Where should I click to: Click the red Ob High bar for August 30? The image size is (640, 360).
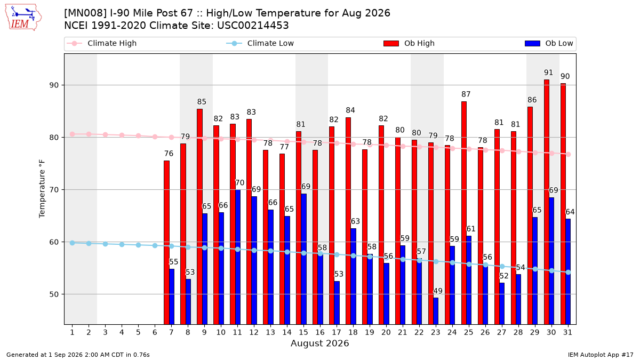[547, 202]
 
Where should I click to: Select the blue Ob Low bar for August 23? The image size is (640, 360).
[436, 311]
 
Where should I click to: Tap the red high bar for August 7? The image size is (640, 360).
[166, 243]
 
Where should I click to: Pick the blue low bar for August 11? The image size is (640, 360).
[238, 257]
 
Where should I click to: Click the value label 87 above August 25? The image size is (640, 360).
[466, 94]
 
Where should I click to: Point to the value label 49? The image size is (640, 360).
[438, 291]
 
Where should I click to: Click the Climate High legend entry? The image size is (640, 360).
[102, 43]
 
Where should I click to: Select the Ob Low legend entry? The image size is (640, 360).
[549, 43]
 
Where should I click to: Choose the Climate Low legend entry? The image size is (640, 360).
[260, 43]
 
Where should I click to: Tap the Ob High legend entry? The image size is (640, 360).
[409, 43]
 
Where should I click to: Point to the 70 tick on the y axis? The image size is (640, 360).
[54, 190]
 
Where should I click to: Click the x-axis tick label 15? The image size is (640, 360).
[303, 332]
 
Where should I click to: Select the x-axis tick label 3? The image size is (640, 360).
[105, 332]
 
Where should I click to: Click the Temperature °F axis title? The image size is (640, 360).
[42, 189]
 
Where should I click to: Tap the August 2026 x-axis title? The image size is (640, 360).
[319, 343]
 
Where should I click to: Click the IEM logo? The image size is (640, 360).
[23, 18]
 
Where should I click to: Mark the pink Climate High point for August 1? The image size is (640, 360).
[73, 134]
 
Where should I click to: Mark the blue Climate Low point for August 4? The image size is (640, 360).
[122, 245]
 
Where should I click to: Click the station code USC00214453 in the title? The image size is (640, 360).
[253, 26]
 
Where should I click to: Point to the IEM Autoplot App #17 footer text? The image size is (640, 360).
[601, 355]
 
